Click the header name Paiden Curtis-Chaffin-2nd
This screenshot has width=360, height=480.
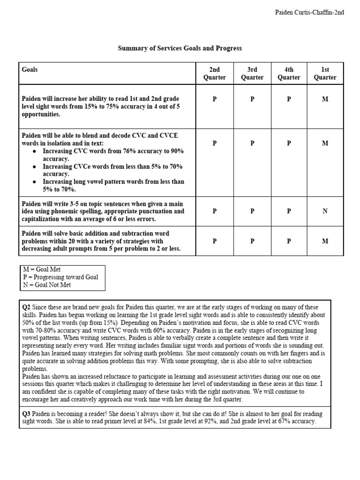pyautogui.click(x=309, y=13)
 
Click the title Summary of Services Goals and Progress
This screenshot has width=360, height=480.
pyautogui.click(x=180, y=48)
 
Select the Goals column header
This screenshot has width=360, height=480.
pyautogui.click(x=30, y=70)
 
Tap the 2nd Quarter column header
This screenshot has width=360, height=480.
pyautogui.click(x=215, y=74)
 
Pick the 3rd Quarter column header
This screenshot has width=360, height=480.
pyautogui.click(x=252, y=74)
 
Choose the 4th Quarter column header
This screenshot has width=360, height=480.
pyautogui.click(x=289, y=74)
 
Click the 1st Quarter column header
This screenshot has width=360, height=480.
pyautogui.click(x=325, y=74)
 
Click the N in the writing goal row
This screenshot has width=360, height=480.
pyautogui.click(x=325, y=211)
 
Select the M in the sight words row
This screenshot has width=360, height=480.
pyautogui.click(x=325, y=99)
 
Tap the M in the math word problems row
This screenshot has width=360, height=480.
pyautogui.click(x=325, y=241)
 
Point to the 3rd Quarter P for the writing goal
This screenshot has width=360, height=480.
pyautogui.click(x=252, y=211)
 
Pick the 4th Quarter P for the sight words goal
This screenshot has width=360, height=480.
pyautogui.click(x=289, y=99)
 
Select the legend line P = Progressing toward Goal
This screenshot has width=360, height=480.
pyautogui.click(x=60, y=277)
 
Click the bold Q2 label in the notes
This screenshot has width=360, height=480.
pyautogui.click(x=27, y=307)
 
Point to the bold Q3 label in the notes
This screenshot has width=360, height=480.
pyautogui.click(x=27, y=414)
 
